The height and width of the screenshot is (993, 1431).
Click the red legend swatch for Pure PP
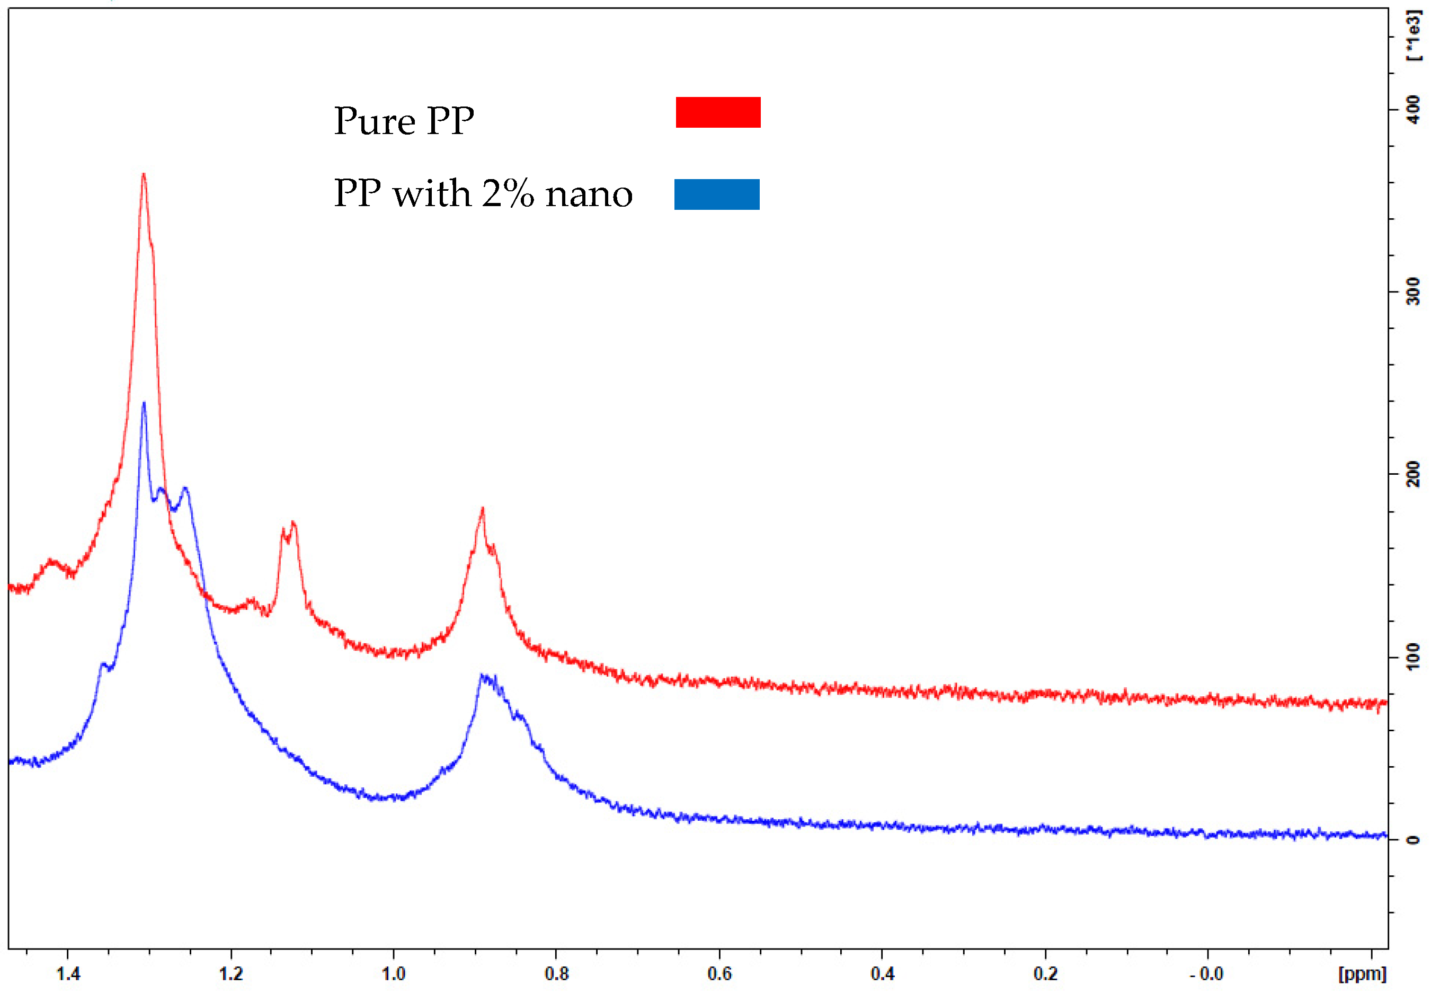[718, 113]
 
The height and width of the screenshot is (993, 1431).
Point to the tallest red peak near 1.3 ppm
[143, 176]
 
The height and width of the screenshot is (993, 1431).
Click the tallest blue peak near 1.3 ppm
[144, 405]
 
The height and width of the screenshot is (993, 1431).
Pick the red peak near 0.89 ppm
[482, 511]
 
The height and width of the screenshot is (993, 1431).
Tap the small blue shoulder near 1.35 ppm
[103, 665]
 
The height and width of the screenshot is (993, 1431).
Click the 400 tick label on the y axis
[1413, 110]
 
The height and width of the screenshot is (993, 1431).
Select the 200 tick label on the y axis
[1413, 474]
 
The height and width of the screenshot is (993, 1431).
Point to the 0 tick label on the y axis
[1413, 840]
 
